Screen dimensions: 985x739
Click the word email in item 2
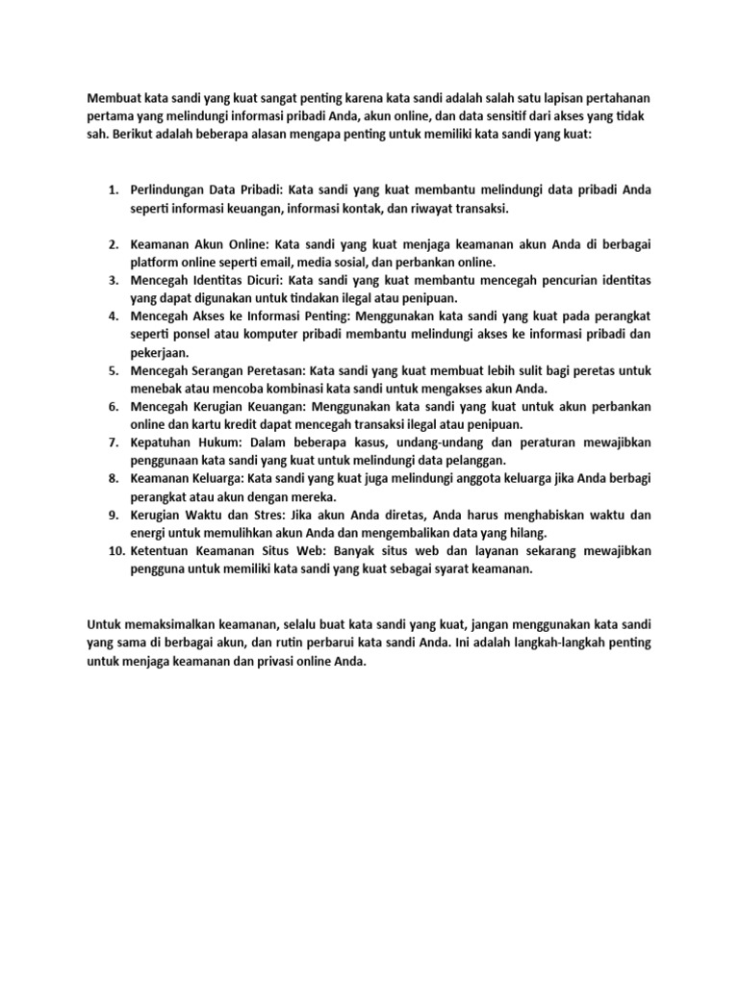pyautogui.click(x=270, y=261)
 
